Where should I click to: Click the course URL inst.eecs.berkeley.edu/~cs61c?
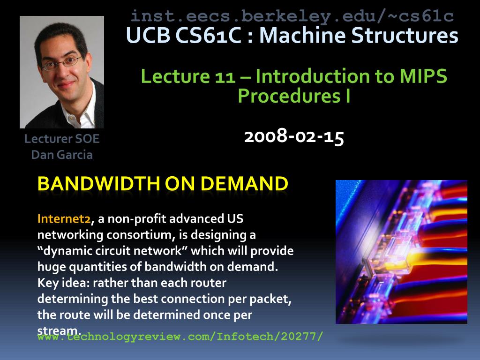(x=292, y=16)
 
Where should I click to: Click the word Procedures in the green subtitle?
(x=289, y=96)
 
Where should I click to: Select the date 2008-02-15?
(x=294, y=136)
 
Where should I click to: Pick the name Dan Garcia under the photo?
(x=62, y=155)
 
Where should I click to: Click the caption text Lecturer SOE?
(x=62, y=139)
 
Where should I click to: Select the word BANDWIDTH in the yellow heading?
(x=98, y=184)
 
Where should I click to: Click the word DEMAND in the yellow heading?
(x=244, y=184)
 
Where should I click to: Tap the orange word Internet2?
(x=64, y=218)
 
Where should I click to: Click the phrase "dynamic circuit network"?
(x=112, y=251)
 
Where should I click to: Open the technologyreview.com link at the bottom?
(x=180, y=337)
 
